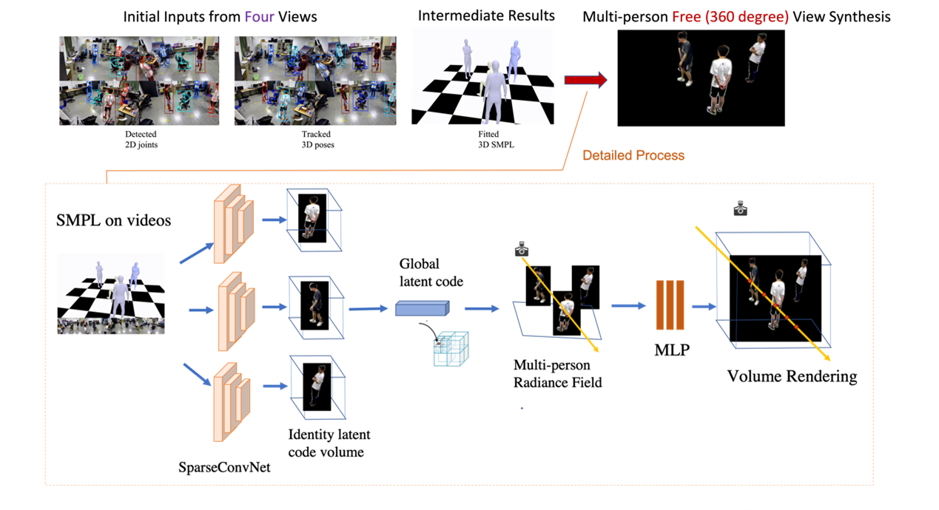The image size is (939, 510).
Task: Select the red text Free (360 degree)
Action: coord(730,16)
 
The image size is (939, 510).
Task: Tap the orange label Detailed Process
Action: coord(633,155)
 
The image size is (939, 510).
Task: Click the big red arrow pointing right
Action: coord(585,81)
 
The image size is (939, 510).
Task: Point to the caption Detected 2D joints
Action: coord(141,139)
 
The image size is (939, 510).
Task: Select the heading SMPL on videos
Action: coord(113,220)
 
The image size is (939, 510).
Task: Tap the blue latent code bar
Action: coord(422,308)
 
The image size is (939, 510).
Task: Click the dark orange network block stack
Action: coord(670,305)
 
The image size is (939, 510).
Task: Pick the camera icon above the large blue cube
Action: coord(741,209)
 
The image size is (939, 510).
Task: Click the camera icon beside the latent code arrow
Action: coord(522,249)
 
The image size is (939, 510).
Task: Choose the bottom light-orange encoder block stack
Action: coord(232,400)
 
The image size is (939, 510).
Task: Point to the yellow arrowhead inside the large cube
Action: coord(824,358)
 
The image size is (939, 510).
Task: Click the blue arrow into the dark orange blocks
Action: coord(629,305)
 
